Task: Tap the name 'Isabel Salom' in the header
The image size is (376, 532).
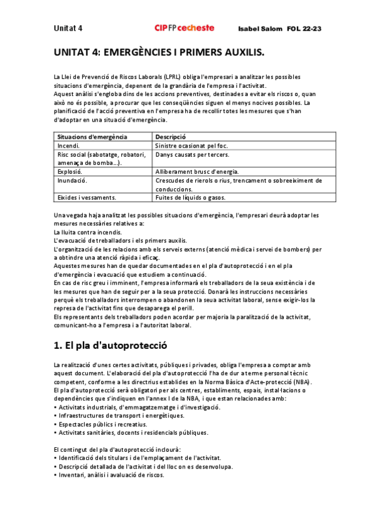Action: pos(260,29)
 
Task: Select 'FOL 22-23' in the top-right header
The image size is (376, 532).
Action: pos(304,29)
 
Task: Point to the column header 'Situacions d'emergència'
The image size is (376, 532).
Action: pos(92,136)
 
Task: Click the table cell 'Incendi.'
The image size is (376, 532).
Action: pos(68,145)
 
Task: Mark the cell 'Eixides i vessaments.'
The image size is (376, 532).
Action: pos(87,198)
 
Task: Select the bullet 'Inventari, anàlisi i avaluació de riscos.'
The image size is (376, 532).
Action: pos(109,475)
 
